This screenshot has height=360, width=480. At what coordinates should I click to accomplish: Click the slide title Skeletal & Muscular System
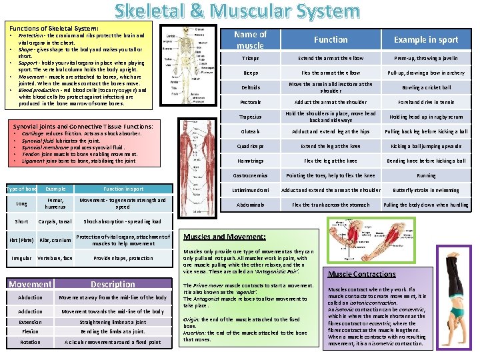point(236,11)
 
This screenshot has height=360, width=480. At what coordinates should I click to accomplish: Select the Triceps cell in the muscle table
point(250,58)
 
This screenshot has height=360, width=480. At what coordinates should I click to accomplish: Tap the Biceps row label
point(250,73)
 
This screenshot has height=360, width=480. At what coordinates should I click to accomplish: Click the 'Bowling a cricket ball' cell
point(426,87)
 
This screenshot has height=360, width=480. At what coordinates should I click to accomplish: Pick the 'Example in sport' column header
point(426,39)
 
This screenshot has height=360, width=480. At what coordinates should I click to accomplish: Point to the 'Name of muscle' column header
point(250,39)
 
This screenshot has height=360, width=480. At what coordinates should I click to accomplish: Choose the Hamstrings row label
point(250,161)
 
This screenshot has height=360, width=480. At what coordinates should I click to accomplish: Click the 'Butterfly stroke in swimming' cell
point(426,190)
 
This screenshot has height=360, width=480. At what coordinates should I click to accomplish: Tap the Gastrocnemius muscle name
point(250,175)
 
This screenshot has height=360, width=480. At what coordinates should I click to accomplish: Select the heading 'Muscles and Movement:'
point(224,237)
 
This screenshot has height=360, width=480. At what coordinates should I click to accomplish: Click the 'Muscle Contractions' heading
point(362,274)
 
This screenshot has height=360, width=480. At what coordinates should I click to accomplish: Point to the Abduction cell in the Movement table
point(30,297)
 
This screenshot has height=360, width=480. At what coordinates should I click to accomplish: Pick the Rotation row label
point(30,342)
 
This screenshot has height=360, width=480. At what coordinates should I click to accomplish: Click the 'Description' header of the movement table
point(113,284)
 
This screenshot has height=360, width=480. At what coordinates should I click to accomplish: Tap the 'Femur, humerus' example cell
point(55,203)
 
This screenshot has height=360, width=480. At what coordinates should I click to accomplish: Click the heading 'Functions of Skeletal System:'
point(54,29)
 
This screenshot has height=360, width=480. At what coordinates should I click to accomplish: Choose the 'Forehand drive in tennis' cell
point(426,102)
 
